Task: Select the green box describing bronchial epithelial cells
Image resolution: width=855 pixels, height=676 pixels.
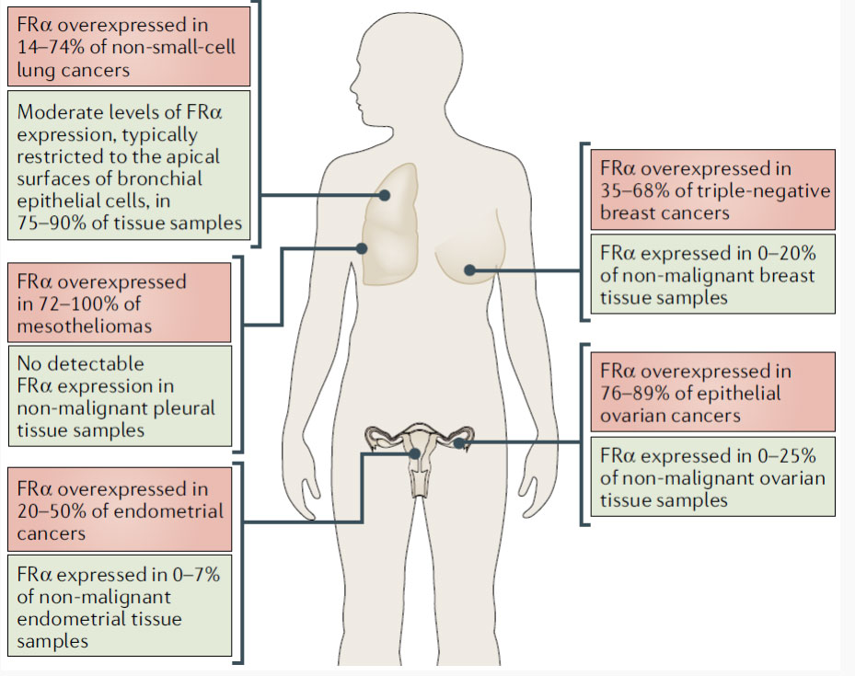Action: point(128,166)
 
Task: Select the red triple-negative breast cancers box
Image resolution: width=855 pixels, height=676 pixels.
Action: point(714,189)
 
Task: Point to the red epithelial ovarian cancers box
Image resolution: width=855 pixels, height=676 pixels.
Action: point(714,393)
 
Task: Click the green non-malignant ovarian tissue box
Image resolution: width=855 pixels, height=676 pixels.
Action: point(714,478)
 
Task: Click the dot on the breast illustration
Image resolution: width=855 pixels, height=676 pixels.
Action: point(469,269)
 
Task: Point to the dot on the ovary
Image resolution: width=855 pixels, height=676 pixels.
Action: point(460,443)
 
